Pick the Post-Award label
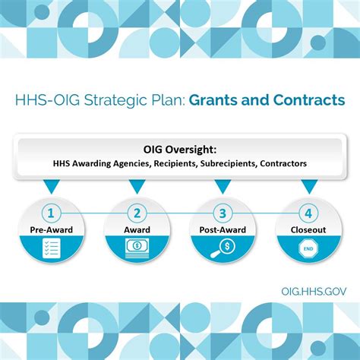[x=222, y=229]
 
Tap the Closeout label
[x=308, y=229]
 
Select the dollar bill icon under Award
[x=137, y=247]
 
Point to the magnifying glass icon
[x=222, y=247]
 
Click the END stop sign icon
[x=308, y=247]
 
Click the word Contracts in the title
[x=309, y=100]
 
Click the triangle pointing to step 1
[x=50, y=185]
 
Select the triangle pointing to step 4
[x=308, y=185]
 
